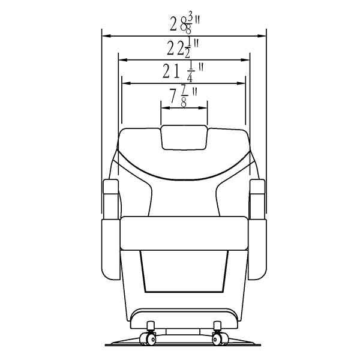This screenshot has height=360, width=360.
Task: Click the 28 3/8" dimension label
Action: pyautogui.click(x=185, y=24)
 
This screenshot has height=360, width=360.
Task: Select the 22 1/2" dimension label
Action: pyautogui.click(x=182, y=48)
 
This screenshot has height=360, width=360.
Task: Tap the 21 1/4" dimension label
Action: pyautogui.click(x=183, y=71)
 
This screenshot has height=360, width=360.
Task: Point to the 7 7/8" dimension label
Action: pyautogui.click(x=184, y=97)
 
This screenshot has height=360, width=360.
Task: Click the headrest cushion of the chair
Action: pyautogui.click(x=184, y=137)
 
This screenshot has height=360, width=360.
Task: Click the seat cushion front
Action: pyautogui.click(x=184, y=233)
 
